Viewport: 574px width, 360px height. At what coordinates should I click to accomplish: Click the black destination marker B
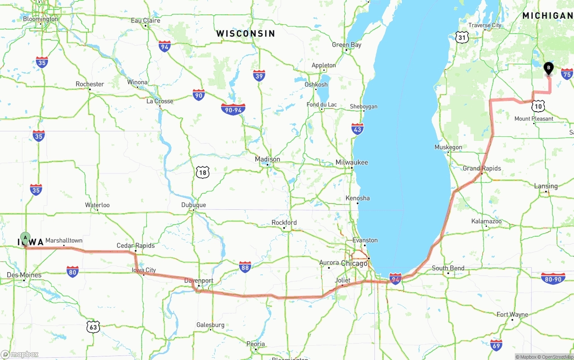point(548,68)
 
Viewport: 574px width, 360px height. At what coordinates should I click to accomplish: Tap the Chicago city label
point(354,263)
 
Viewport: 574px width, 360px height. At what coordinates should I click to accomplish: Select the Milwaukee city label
point(352,162)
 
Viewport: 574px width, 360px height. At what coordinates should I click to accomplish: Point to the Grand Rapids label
point(482,168)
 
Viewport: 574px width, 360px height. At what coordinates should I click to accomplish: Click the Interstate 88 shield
point(245,267)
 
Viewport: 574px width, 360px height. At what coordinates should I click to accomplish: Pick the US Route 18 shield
point(203,172)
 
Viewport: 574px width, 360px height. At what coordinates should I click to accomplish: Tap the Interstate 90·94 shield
point(233,109)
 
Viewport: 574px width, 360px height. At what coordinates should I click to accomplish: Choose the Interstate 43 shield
point(357,129)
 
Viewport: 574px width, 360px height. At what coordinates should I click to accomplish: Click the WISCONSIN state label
point(245,34)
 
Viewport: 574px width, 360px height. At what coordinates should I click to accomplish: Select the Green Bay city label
point(346,45)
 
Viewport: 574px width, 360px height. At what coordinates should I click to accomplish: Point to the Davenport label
point(199,281)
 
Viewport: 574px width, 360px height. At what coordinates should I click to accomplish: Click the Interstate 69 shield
point(496,345)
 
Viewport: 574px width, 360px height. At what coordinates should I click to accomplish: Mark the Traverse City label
point(485,26)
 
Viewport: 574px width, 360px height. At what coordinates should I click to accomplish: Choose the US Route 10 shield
point(539,106)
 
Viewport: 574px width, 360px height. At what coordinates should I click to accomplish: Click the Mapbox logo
point(20,354)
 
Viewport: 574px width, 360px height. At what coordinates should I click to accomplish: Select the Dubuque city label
point(193,205)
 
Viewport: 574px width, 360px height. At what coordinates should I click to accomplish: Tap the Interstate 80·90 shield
point(553,278)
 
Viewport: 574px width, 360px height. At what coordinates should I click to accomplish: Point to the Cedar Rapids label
point(135,246)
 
